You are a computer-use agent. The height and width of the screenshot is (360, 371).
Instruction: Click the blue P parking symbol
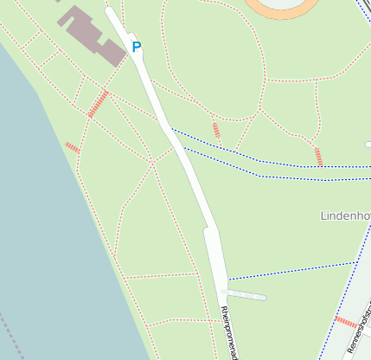point(135,46)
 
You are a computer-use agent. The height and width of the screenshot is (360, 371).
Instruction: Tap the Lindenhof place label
point(344,215)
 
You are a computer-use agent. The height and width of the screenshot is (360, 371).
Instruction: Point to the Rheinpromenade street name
point(229,333)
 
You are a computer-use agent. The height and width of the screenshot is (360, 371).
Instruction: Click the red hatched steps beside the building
point(98,104)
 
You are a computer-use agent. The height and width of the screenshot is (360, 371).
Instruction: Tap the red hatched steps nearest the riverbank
point(73,148)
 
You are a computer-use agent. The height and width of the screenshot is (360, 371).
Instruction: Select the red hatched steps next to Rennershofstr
point(346,323)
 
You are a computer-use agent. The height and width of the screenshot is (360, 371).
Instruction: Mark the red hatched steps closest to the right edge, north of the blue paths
point(318,157)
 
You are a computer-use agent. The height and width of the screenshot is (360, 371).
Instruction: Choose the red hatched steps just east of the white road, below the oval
point(215,131)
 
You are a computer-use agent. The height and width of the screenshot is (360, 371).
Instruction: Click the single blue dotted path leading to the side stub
point(294,270)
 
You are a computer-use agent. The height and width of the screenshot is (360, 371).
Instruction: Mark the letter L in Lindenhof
point(323,215)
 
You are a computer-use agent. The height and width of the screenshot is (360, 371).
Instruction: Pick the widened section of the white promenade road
point(215,255)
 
